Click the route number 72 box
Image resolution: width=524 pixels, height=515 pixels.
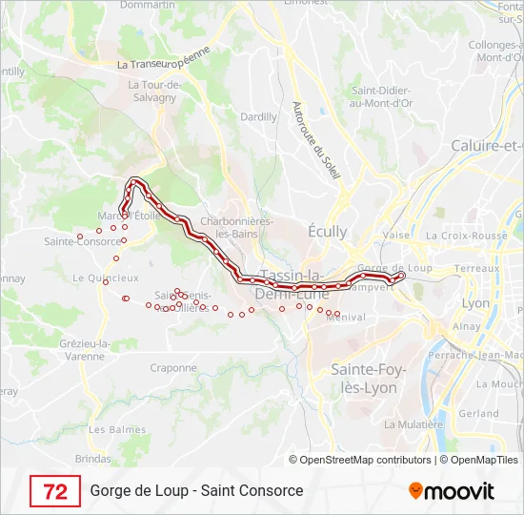point(55,491)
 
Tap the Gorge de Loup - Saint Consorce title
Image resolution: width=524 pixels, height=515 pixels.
point(196,491)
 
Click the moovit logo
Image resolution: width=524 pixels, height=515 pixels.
point(452,491)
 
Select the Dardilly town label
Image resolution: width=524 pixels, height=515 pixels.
point(258,116)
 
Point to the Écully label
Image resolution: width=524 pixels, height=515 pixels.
point(328,232)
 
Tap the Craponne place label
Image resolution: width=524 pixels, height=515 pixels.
point(173,367)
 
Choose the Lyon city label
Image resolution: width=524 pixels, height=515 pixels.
point(475,302)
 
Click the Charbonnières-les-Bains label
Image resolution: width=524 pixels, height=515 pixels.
point(236,227)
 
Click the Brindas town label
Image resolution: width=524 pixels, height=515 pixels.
point(92,459)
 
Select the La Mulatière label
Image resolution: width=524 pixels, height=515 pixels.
point(413,424)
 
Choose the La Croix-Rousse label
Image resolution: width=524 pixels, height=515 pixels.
point(467,236)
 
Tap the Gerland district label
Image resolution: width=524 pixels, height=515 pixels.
point(478,414)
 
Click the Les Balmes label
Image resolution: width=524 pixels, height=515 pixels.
point(111,429)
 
